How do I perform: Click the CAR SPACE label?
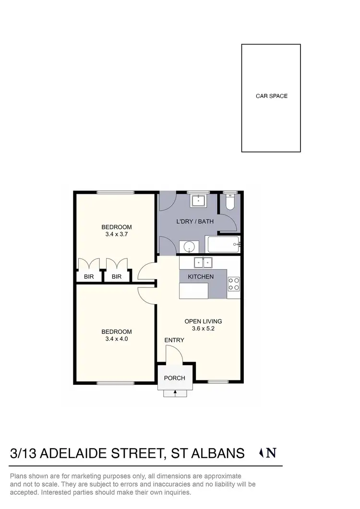[271, 96]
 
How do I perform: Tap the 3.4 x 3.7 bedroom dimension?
[116, 235]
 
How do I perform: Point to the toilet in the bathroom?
[229, 204]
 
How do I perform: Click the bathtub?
[223, 245]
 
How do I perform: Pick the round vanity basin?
[190, 247]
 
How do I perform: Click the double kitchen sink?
[203, 262]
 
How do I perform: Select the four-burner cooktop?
[234, 284]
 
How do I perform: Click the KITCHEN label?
[201, 277]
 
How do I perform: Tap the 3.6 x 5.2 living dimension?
[203, 329]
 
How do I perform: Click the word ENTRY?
[174, 340]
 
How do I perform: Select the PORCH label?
[174, 378]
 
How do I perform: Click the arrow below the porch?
[175, 392]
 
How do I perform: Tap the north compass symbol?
[268, 452]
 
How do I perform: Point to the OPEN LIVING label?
[203, 321]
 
